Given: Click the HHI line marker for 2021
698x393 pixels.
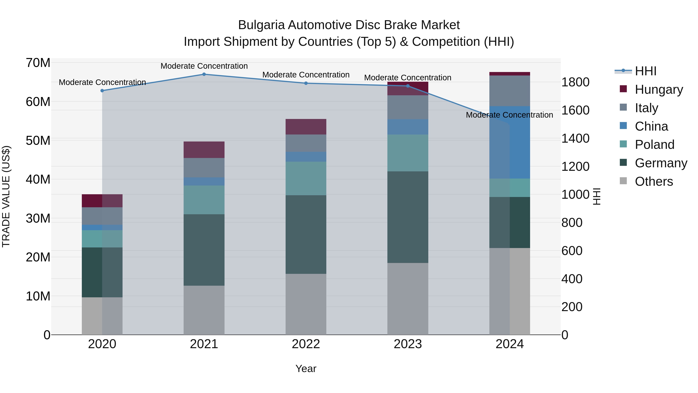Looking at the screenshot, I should click(204, 74).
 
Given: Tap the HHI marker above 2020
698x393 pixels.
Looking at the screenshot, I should click(102, 91).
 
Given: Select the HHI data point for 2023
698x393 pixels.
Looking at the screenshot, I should click(408, 86).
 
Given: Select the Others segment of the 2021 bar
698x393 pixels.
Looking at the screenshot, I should click(204, 310).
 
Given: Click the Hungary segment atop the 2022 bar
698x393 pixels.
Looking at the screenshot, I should click(306, 127).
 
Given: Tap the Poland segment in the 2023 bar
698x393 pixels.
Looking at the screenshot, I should click(408, 153).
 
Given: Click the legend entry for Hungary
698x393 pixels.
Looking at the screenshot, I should click(658, 89).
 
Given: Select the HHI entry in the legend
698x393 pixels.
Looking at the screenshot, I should click(645, 71).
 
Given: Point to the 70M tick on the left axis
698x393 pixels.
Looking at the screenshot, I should click(38, 63).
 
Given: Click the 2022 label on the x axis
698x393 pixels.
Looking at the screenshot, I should click(306, 344).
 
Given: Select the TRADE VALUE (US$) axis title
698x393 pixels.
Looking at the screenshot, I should click(6, 196).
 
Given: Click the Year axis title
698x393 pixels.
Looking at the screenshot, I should click(306, 369).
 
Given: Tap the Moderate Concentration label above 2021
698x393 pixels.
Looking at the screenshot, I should click(204, 66).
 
